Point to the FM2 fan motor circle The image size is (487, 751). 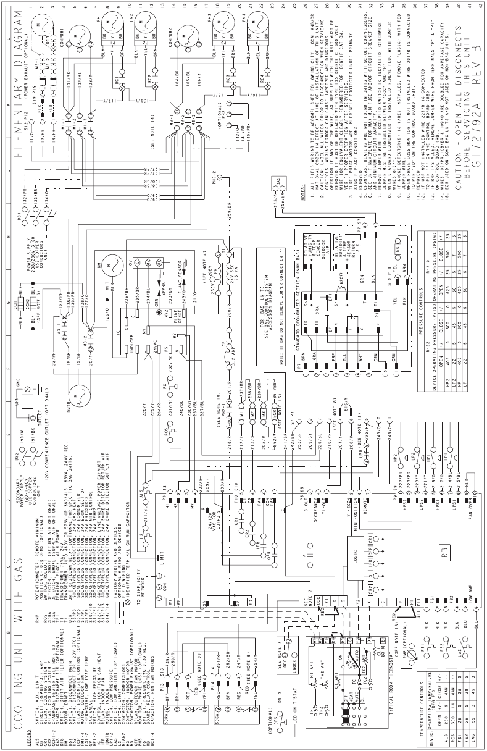pos(145,25)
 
